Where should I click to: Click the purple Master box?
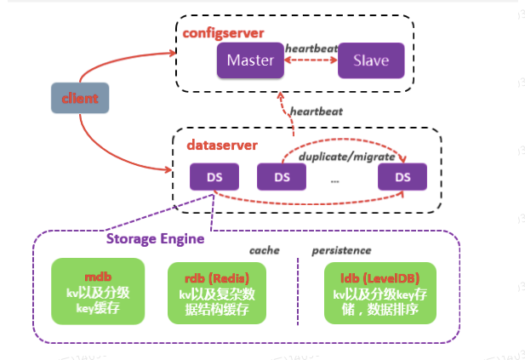pyautogui.click(x=251, y=60)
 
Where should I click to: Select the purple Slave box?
pyautogui.click(x=371, y=60)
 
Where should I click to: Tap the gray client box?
pyautogui.click(x=81, y=99)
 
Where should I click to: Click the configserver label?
pyautogui.click(x=223, y=32)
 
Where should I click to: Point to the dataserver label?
pyautogui.click(x=221, y=146)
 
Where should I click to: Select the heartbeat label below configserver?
pyautogui.click(x=317, y=111)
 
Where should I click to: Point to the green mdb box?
pyautogui.click(x=94, y=293)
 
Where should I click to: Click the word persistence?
pyautogui.click(x=343, y=251)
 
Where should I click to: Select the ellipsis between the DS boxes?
pyautogui.click(x=335, y=180)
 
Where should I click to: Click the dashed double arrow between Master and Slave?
pyautogui.click(x=311, y=61)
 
